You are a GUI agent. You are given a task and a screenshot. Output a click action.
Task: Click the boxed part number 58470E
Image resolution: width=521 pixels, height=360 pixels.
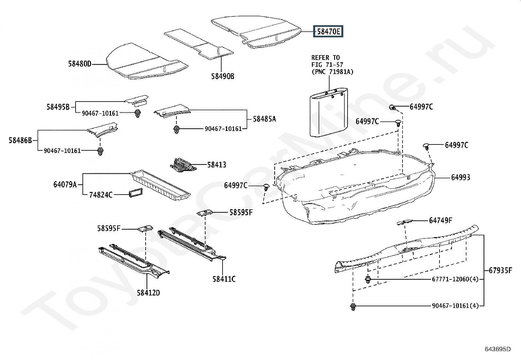coord(328,31)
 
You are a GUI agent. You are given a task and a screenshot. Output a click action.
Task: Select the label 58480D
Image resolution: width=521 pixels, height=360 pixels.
coord(80,64)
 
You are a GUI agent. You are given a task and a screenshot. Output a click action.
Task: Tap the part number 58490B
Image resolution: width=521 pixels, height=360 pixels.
coord(223,76)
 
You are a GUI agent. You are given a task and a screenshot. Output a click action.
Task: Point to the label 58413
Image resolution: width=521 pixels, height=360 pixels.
coord(217,165)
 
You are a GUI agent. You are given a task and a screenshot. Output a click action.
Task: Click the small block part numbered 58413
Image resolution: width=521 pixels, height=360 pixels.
coord(183,165)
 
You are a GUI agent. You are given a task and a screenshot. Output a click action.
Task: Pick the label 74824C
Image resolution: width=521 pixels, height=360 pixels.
coord(101,195)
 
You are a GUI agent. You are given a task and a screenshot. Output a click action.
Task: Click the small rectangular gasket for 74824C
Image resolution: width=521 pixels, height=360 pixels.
coord(136,193)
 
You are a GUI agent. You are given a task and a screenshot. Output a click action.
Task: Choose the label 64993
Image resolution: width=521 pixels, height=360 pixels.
coord(460,178)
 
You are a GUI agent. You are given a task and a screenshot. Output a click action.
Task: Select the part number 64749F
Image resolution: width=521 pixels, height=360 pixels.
coord(440,220)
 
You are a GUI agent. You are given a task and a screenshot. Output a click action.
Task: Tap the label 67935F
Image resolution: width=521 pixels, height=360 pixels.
coord(500,270)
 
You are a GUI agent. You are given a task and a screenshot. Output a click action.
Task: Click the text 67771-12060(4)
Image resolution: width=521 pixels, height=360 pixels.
coord(455,279)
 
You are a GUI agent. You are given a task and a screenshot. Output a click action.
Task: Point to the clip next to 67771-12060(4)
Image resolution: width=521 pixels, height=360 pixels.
coord(368,279)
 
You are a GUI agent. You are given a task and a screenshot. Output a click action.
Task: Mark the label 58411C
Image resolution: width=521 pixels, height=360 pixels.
coord(224,279)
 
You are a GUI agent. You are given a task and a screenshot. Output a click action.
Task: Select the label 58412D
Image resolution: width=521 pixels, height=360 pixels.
coord(148,293)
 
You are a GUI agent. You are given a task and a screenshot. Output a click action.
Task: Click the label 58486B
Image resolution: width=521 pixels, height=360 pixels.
coord(20,141)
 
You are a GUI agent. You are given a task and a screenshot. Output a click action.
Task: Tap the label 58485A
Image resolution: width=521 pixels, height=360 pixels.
coord(264,119)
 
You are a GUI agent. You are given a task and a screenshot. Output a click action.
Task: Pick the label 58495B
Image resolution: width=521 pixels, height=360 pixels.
coord(58,107)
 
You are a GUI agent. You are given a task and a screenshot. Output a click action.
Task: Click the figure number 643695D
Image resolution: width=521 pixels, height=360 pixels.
coord(498,349)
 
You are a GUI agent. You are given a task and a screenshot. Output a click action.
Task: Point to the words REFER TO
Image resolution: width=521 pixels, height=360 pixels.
coord(325,58)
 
